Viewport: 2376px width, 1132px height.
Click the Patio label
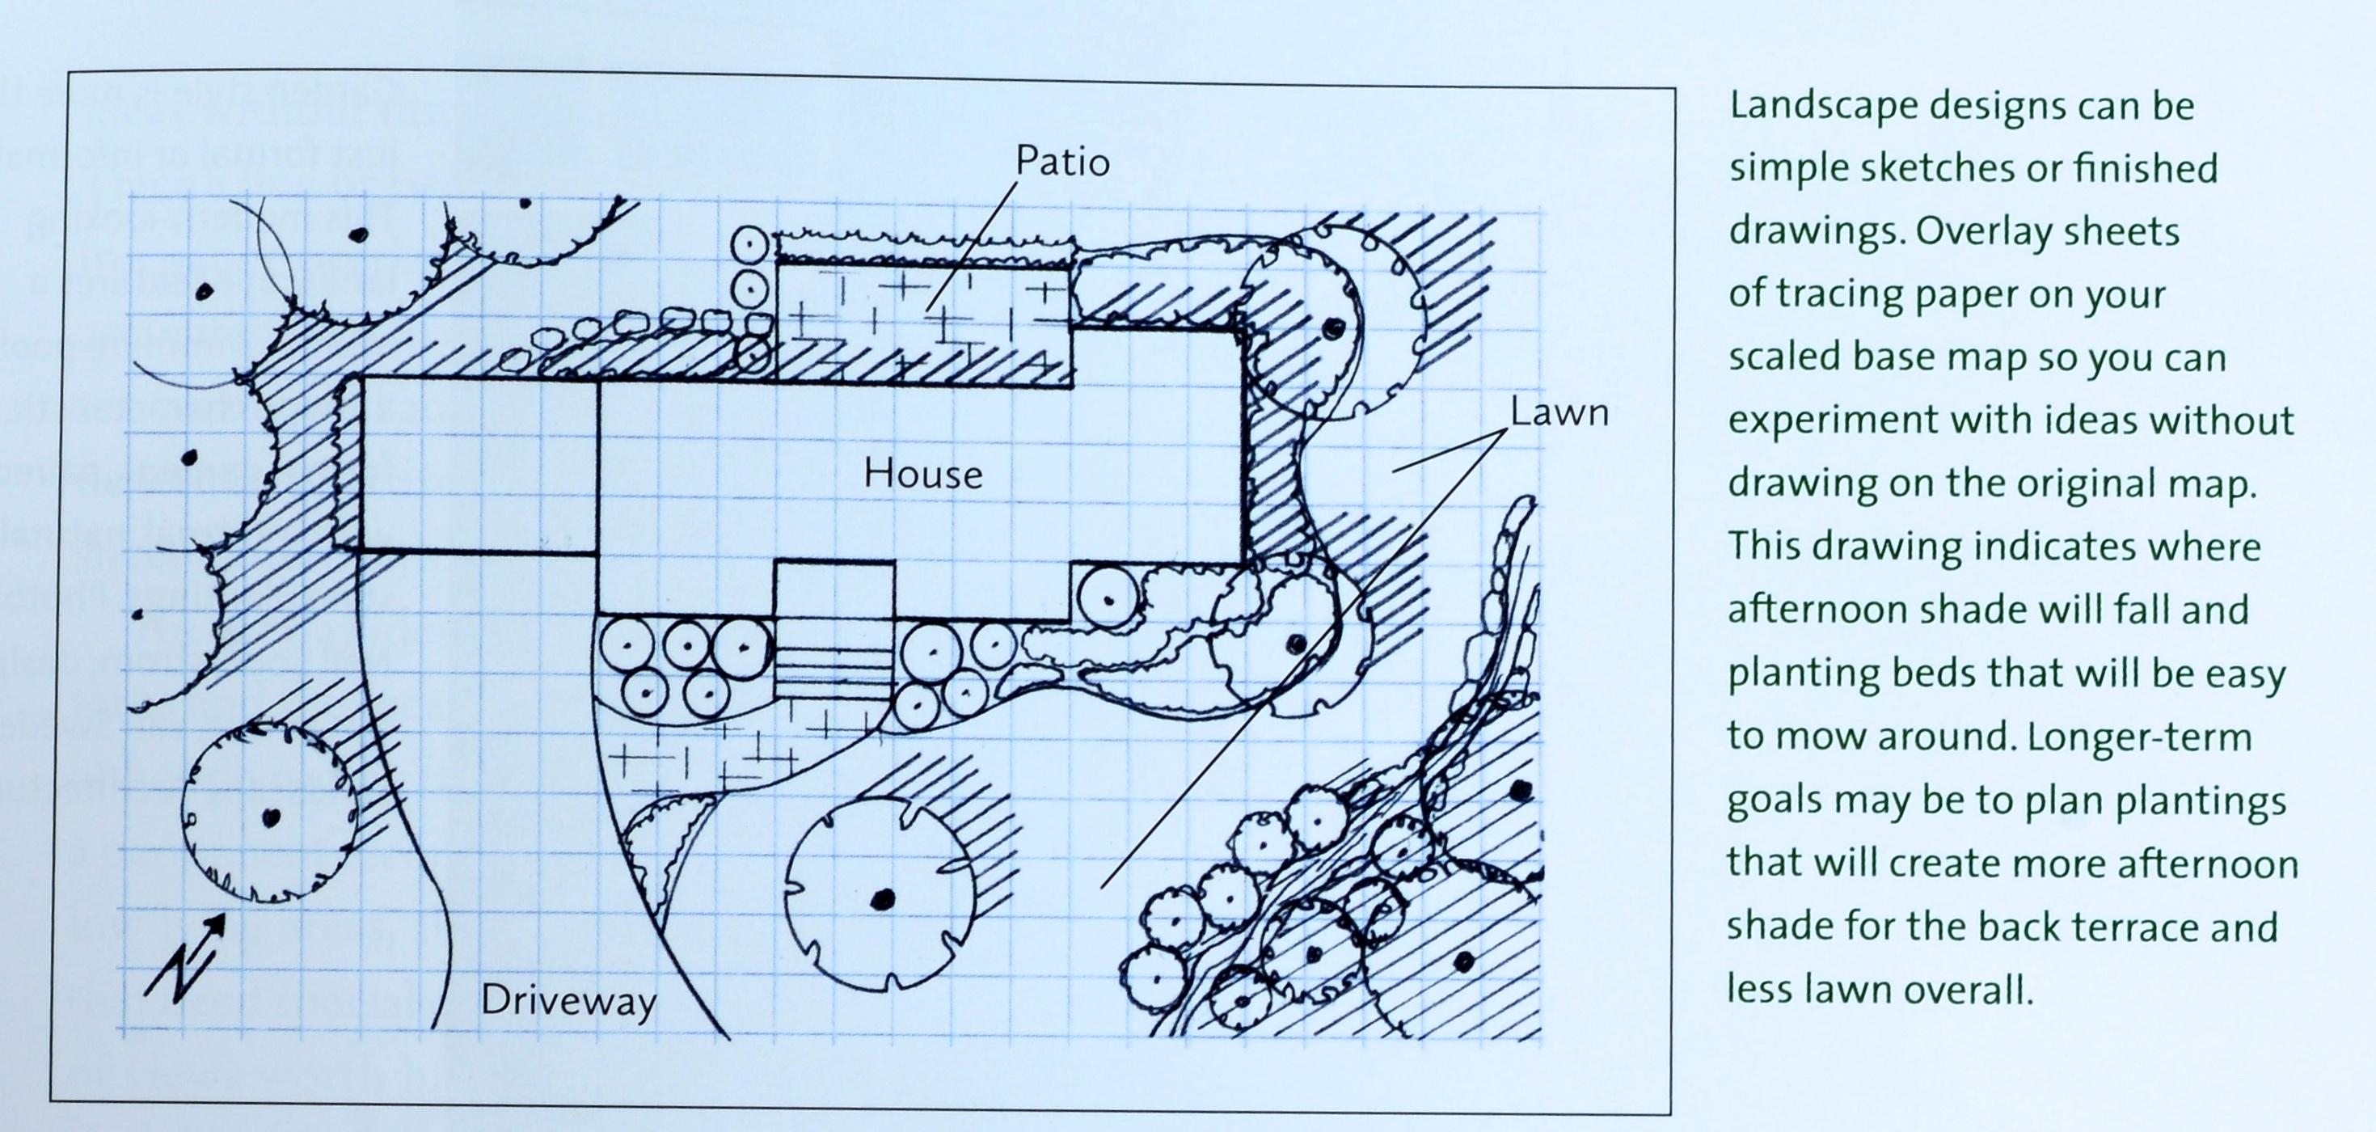point(1061,162)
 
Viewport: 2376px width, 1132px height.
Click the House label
point(922,474)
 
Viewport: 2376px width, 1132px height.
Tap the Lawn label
point(1559,412)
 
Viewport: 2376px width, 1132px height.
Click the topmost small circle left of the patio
point(750,247)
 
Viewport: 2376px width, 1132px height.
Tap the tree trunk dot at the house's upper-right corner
point(1331,327)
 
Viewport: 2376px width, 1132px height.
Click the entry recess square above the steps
point(833,589)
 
